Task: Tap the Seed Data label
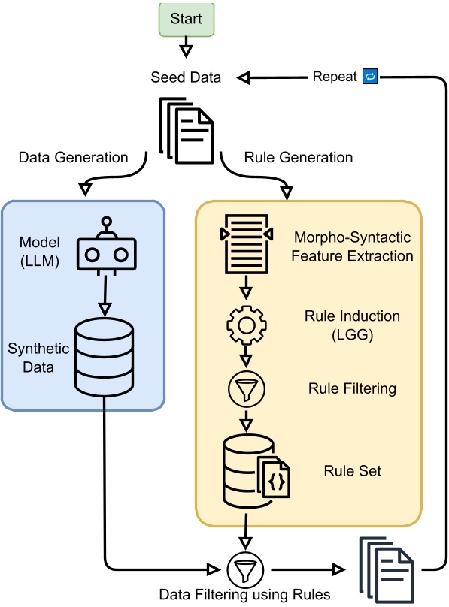[x=186, y=77]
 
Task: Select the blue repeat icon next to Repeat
[x=370, y=77]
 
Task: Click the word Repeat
[x=335, y=77]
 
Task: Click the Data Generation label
[x=73, y=157]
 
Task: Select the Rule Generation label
[x=299, y=157]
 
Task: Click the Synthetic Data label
[x=38, y=358]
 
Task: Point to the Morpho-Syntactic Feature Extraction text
[x=353, y=246]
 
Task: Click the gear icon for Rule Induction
[x=244, y=324]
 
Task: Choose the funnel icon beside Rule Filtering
[x=244, y=388]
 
